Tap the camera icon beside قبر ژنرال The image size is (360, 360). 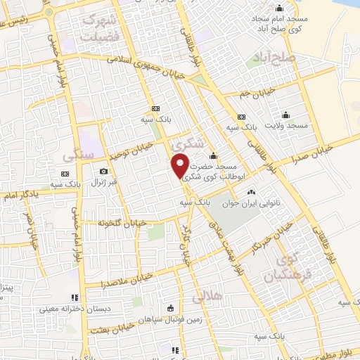[x=104, y=172]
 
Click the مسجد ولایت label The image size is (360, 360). [x=286, y=124]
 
